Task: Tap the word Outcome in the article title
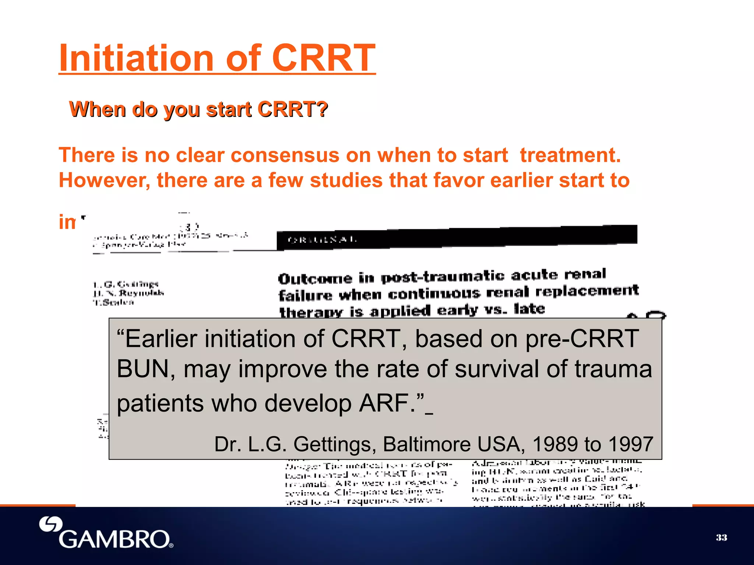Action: tap(315, 278)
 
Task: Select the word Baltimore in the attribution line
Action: tap(427, 444)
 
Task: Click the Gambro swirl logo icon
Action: tap(50, 524)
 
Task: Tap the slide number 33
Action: tap(721, 537)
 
